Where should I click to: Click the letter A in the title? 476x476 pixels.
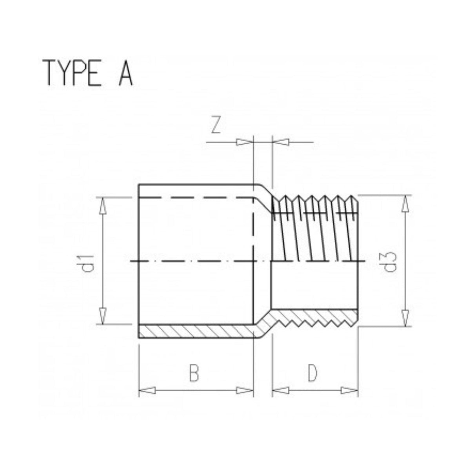(x=125, y=73)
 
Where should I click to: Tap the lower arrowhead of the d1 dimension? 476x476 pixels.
(x=103, y=316)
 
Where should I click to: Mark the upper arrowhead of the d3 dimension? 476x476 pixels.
(x=404, y=203)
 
